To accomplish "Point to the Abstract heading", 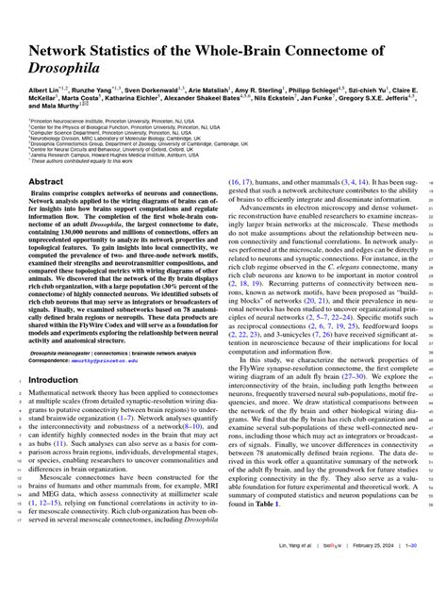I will [47, 182].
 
